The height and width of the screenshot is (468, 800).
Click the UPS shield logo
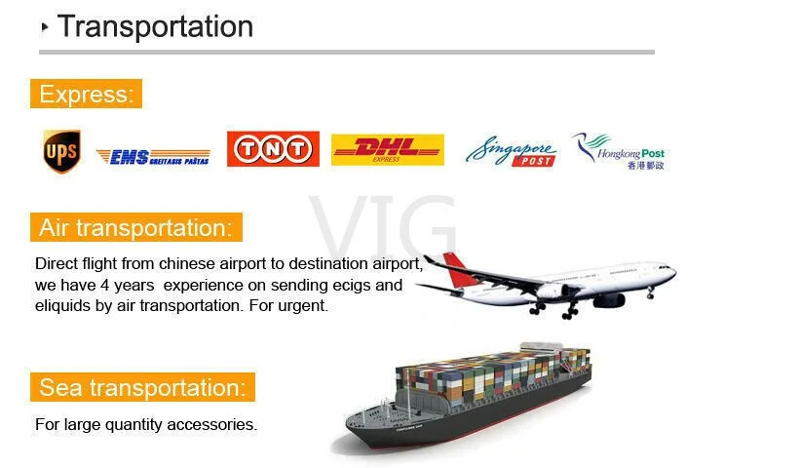(61, 151)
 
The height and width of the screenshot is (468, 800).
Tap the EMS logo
(153, 157)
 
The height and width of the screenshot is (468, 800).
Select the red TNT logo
(273, 149)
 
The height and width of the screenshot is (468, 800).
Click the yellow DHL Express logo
(388, 149)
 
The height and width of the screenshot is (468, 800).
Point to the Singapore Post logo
(511, 151)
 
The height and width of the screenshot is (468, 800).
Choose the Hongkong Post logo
(620, 151)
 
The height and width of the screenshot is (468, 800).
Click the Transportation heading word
(155, 26)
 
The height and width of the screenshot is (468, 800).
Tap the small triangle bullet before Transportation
(45, 27)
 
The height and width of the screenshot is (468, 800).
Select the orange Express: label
(86, 94)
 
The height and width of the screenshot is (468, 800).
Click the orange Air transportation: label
(136, 227)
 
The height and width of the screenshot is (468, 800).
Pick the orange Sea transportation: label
(143, 387)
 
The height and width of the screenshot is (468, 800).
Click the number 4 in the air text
(104, 285)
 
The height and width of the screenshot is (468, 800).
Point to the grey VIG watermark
(383, 224)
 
